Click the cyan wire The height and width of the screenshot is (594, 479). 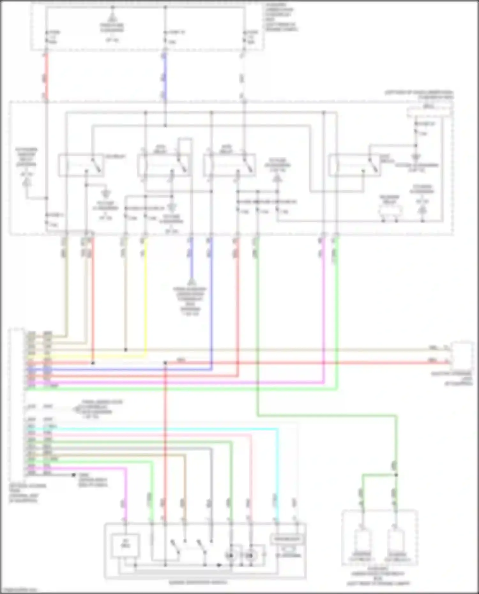click(160, 429)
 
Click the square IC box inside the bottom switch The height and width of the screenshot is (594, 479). click(125, 546)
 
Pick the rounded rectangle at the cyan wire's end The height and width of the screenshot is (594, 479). click(287, 539)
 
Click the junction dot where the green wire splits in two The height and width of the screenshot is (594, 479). click(396, 475)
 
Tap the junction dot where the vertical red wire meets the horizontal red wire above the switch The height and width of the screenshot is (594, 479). click(165, 363)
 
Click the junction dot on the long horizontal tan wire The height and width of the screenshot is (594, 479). click(125, 350)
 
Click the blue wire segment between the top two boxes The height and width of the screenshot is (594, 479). click(165, 77)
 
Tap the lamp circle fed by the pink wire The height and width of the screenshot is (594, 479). click(251, 556)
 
